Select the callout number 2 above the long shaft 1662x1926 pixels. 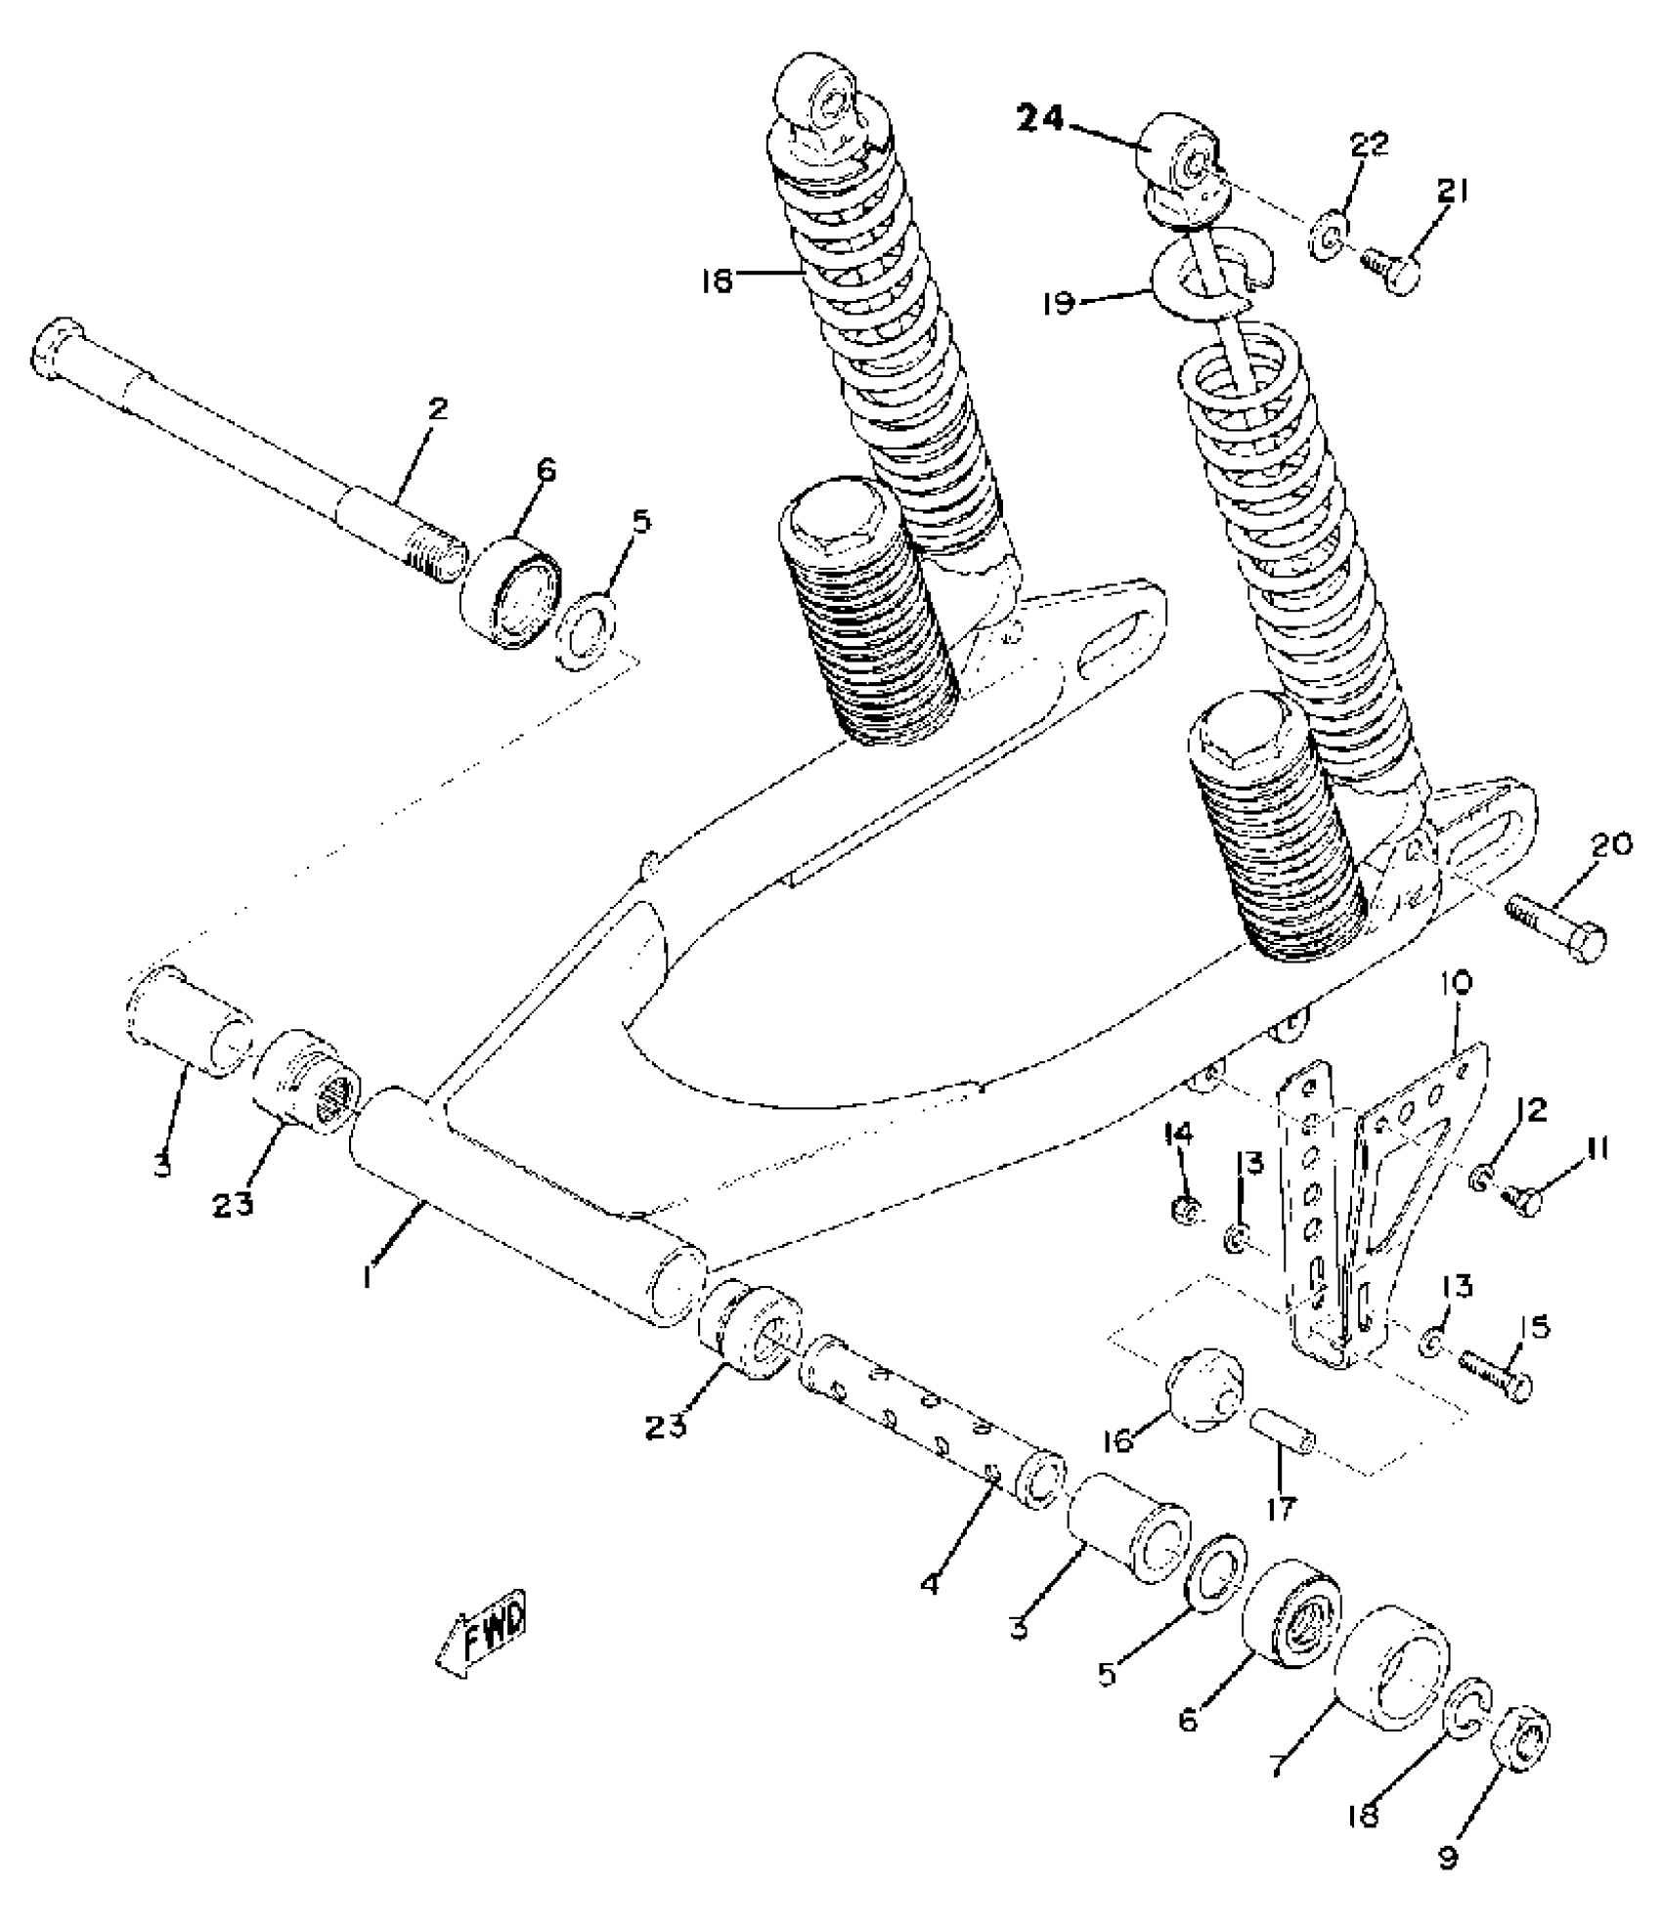(x=437, y=408)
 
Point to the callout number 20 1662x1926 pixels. (x=1610, y=844)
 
